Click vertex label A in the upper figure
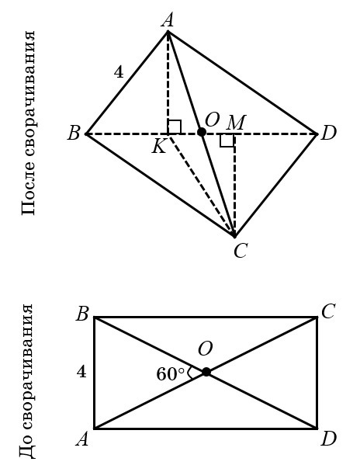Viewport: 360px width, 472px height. click(x=168, y=21)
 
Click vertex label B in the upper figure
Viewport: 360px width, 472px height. click(x=74, y=134)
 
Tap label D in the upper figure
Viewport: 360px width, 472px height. click(x=328, y=134)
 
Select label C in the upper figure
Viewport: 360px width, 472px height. click(x=241, y=251)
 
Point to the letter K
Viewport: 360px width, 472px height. click(x=159, y=147)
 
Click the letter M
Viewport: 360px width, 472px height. click(x=236, y=123)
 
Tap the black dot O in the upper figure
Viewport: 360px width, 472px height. click(x=202, y=132)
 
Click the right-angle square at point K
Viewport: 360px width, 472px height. click(x=174, y=127)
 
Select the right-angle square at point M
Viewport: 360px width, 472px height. click(x=227, y=141)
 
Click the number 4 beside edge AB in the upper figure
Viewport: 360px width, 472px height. click(x=119, y=72)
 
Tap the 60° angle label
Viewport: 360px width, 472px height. click(x=170, y=374)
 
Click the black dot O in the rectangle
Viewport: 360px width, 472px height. click(x=206, y=372)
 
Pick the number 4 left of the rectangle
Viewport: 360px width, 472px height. click(x=81, y=372)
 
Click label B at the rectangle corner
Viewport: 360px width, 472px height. click(x=82, y=314)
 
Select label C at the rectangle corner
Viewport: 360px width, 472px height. click(x=328, y=311)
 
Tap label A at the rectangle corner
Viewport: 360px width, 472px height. click(x=82, y=439)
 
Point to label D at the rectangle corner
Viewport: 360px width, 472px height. click(x=329, y=439)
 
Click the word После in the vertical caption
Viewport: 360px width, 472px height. click(x=29, y=191)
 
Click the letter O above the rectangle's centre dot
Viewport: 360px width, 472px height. click(x=206, y=349)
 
